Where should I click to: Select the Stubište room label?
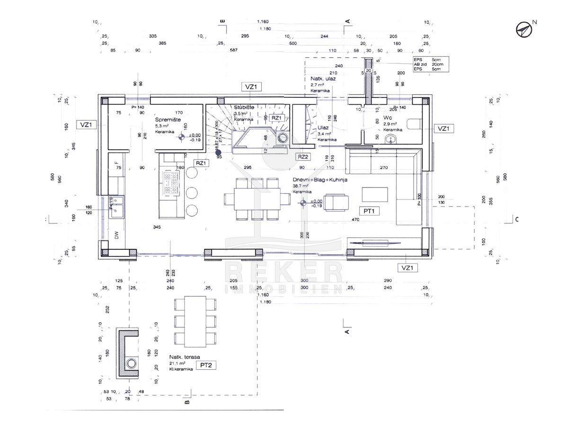[x=244, y=108]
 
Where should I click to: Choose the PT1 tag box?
[x=369, y=211]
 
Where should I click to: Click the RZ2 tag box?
[x=303, y=157]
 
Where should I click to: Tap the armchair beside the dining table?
[x=336, y=202]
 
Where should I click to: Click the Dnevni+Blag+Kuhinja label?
[x=316, y=180]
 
